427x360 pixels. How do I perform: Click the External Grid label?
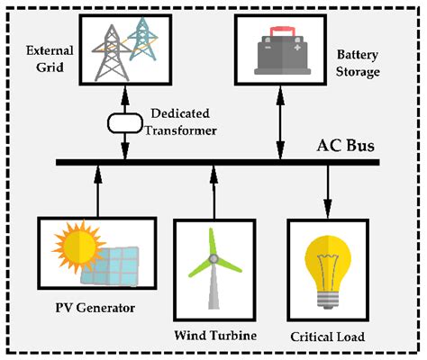43,57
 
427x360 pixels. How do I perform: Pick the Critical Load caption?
326,336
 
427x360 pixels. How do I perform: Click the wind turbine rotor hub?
214,259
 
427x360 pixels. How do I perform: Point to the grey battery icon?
279,52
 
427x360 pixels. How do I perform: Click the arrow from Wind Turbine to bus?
214,188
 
